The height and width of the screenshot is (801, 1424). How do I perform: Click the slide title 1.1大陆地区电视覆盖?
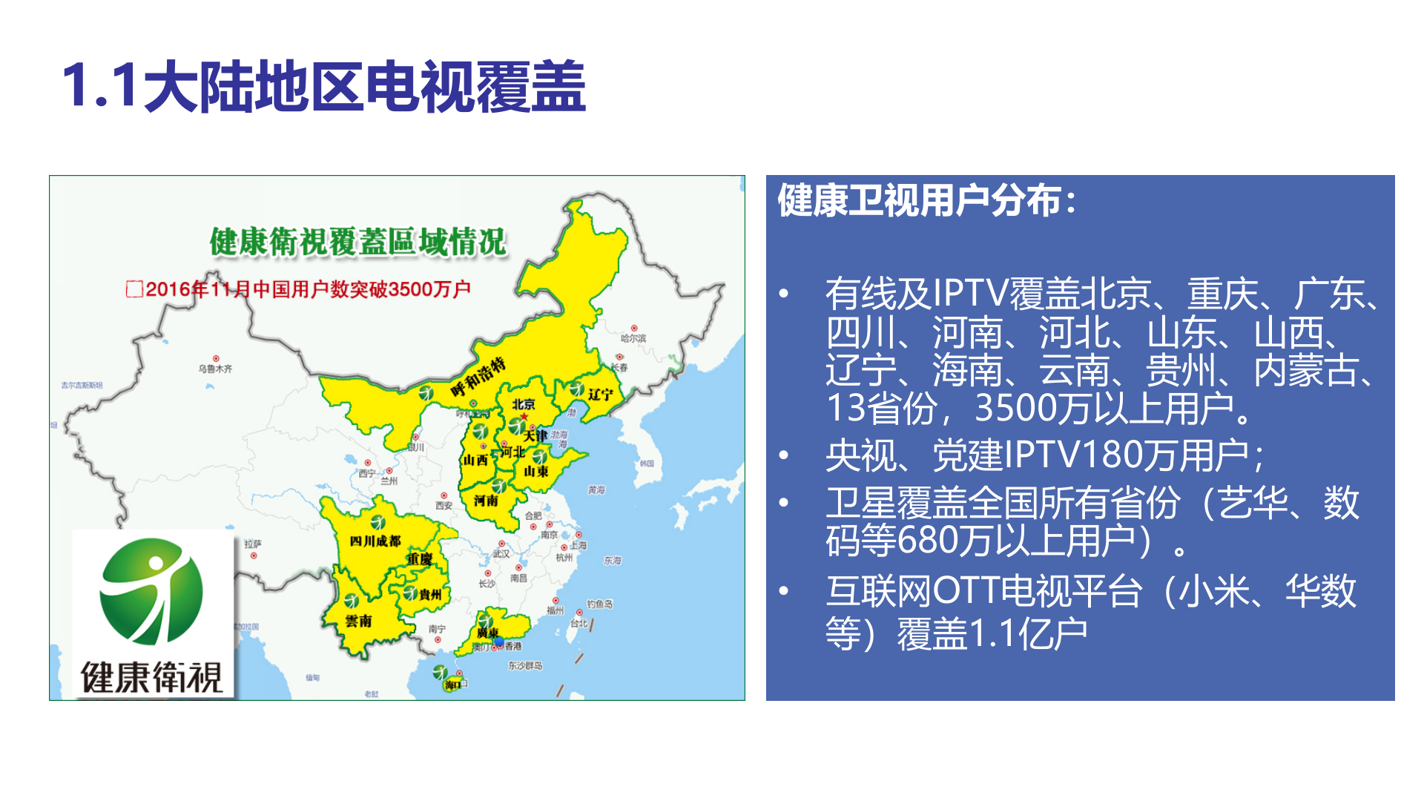[x=324, y=87]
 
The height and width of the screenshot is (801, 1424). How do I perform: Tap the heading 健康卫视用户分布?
[x=926, y=201]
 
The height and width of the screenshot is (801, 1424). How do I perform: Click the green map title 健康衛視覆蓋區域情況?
[x=358, y=243]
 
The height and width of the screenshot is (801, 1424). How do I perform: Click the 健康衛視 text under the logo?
[x=151, y=677]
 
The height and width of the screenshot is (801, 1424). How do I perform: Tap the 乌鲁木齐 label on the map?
[x=215, y=369]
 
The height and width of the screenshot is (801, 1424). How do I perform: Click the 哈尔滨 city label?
[x=633, y=338]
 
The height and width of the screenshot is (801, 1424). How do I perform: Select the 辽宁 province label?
[x=601, y=394]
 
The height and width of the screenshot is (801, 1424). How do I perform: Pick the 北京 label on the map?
[x=524, y=404]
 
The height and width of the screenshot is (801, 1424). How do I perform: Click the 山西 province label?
[x=475, y=460]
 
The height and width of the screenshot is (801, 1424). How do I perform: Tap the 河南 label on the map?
[x=487, y=501]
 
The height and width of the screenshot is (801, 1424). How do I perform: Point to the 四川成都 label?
[x=375, y=541]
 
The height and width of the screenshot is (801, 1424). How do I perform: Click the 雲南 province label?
[x=358, y=621]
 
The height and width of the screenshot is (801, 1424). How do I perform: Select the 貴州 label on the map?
[x=429, y=594]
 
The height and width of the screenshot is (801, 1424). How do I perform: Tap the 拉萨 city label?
[x=253, y=544]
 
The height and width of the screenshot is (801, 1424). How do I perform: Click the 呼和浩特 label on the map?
[x=479, y=377]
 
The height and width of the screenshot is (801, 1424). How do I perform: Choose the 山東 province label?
[x=536, y=471]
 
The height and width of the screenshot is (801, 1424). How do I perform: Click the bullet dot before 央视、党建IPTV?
[x=784, y=455]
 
